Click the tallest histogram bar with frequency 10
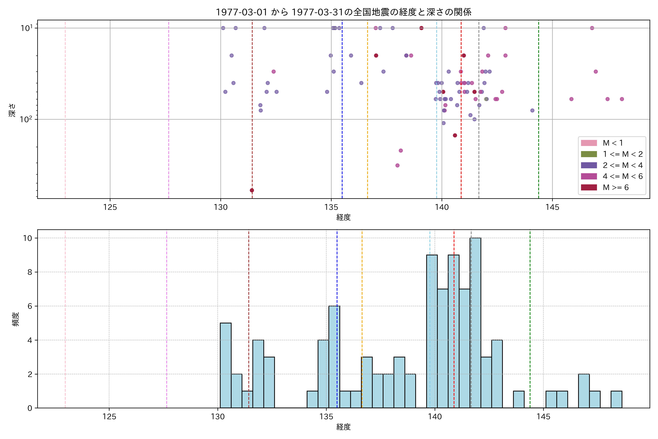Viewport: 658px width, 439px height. tap(475, 322)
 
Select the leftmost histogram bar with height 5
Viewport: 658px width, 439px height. tap(226, 365)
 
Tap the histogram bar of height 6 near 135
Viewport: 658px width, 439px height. tap(334, 357)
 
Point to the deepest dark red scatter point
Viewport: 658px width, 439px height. tap(252, 190)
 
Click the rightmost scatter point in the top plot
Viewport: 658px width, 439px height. tap(622, 99)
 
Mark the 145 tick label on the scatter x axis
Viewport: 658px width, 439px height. tap(552, 207)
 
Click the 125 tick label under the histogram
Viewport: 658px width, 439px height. tap(109, 417)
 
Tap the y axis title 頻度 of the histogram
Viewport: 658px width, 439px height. tap(16, 319)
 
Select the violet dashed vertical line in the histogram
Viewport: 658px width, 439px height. tap(167, 319)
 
